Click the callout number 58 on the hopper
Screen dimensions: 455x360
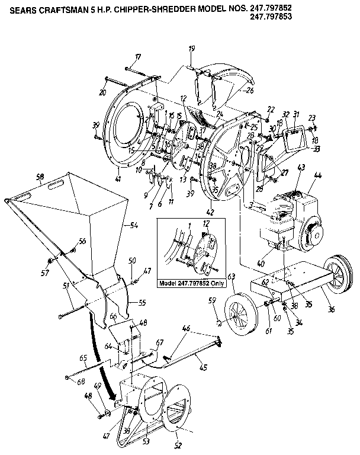[40, 177]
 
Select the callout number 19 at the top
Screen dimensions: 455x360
[192, 48]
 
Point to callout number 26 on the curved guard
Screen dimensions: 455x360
[249, 91]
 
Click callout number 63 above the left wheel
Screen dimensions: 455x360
[232, 276]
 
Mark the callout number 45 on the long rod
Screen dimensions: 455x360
[203, 368]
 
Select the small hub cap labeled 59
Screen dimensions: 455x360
[220, 322]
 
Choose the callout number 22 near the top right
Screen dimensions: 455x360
[272, 108]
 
